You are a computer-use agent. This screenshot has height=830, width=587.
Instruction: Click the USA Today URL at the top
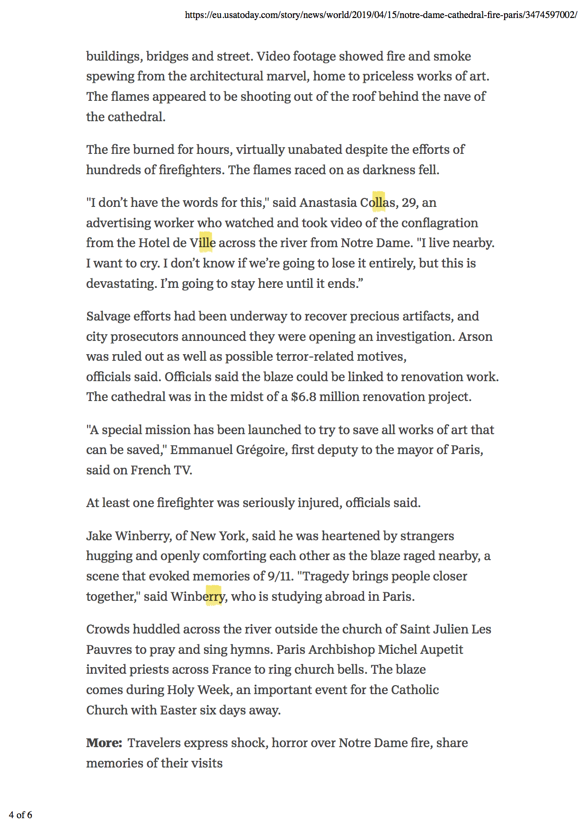(x=381, y=15)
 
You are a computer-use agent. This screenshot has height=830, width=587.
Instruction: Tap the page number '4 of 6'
(x=20, y=814)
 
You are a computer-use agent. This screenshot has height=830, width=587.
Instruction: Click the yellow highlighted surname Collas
(x=378, y=203)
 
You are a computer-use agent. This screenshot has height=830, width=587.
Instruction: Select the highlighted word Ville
(x=203, y=243)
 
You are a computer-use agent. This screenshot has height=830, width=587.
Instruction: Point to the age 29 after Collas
(x=409, y=203)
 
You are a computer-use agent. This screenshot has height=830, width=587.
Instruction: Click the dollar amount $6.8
(x=303, y=397)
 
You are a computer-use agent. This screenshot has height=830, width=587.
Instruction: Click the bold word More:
(x=104, y=743)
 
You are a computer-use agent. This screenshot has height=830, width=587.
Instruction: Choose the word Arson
(x=475, y=337)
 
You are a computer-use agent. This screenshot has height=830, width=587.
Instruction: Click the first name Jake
(x=99, y=536)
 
